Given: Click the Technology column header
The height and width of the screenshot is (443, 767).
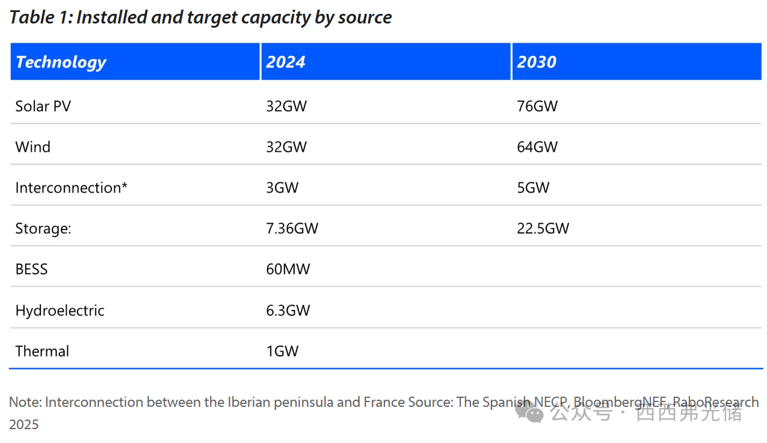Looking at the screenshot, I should click(x=61, y=62).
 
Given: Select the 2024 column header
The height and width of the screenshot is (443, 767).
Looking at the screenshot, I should click(x=286, y=62).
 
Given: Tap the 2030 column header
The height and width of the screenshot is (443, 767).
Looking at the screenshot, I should click(x=537, y=62).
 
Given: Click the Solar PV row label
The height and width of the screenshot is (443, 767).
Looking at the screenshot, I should click(x=43, y=107).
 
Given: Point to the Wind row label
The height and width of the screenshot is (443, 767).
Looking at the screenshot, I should click(x=33, y=147).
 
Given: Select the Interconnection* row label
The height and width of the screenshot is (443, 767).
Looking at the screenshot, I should click(x=72, y=188).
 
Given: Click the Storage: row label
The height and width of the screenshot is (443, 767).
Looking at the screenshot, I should click(x=43, y=229).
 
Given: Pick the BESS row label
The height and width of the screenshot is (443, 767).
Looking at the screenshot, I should click(x=31, y=269).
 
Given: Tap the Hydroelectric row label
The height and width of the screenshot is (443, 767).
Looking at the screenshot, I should click(x=60, y=311).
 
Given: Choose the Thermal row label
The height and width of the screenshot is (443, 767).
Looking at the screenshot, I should click(x=42, y=352).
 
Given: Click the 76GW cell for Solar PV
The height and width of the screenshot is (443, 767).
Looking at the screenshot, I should click(x=537, y=107).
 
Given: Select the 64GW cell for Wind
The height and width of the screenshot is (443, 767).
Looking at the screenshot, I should click(x=537, y=147).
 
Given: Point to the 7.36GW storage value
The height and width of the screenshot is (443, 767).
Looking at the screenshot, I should click(x=292, y=229).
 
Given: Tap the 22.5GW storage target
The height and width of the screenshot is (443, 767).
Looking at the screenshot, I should click(x=543, y=229).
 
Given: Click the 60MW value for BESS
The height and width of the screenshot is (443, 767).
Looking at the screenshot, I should click(x=288, y=269).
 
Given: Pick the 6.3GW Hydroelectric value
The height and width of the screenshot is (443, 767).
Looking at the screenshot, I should click(x=288, y=311).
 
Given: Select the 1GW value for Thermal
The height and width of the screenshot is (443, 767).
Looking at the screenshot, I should click(x=282, y=352).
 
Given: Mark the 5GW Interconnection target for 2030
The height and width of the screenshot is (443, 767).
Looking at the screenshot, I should click(x=533, y=188).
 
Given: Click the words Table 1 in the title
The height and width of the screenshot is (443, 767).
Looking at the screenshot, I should click(x=39, y=17).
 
